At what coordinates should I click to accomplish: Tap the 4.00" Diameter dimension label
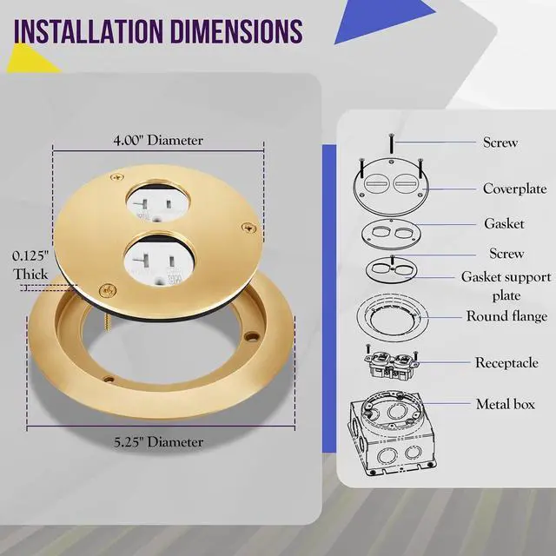[158, 141]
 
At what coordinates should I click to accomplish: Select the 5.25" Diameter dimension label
[158, 442]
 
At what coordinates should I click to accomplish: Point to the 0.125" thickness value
[30, 256]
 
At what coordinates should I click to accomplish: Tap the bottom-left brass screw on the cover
[108, 291]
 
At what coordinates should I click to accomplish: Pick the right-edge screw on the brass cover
[249, 228]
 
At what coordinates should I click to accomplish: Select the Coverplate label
[514, 189]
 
